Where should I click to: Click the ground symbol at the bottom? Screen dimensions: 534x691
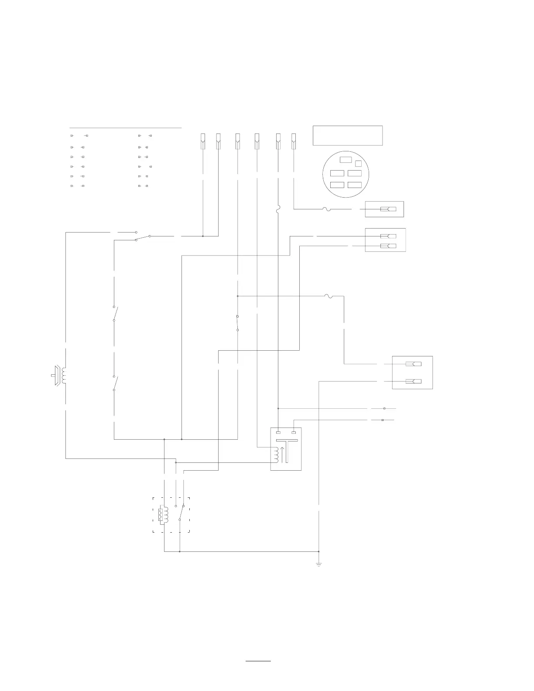[319, 564]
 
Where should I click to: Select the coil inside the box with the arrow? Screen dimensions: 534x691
[275, 455]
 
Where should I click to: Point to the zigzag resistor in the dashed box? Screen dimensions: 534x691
[164, 515]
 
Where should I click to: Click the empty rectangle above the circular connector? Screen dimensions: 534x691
[348, 136]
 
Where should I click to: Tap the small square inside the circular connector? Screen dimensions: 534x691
[358, 164]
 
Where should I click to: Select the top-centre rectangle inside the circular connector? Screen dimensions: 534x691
[346, 159]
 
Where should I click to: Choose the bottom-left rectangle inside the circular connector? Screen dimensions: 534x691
[337, 185]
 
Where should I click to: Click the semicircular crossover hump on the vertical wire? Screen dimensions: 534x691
[278, 210]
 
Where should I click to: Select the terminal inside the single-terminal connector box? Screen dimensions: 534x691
[388, 209]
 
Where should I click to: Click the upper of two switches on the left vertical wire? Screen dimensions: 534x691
[115, 313]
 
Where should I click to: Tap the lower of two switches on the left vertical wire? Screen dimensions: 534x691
[115, 383]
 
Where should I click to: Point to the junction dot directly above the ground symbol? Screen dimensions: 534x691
[319, 551]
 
